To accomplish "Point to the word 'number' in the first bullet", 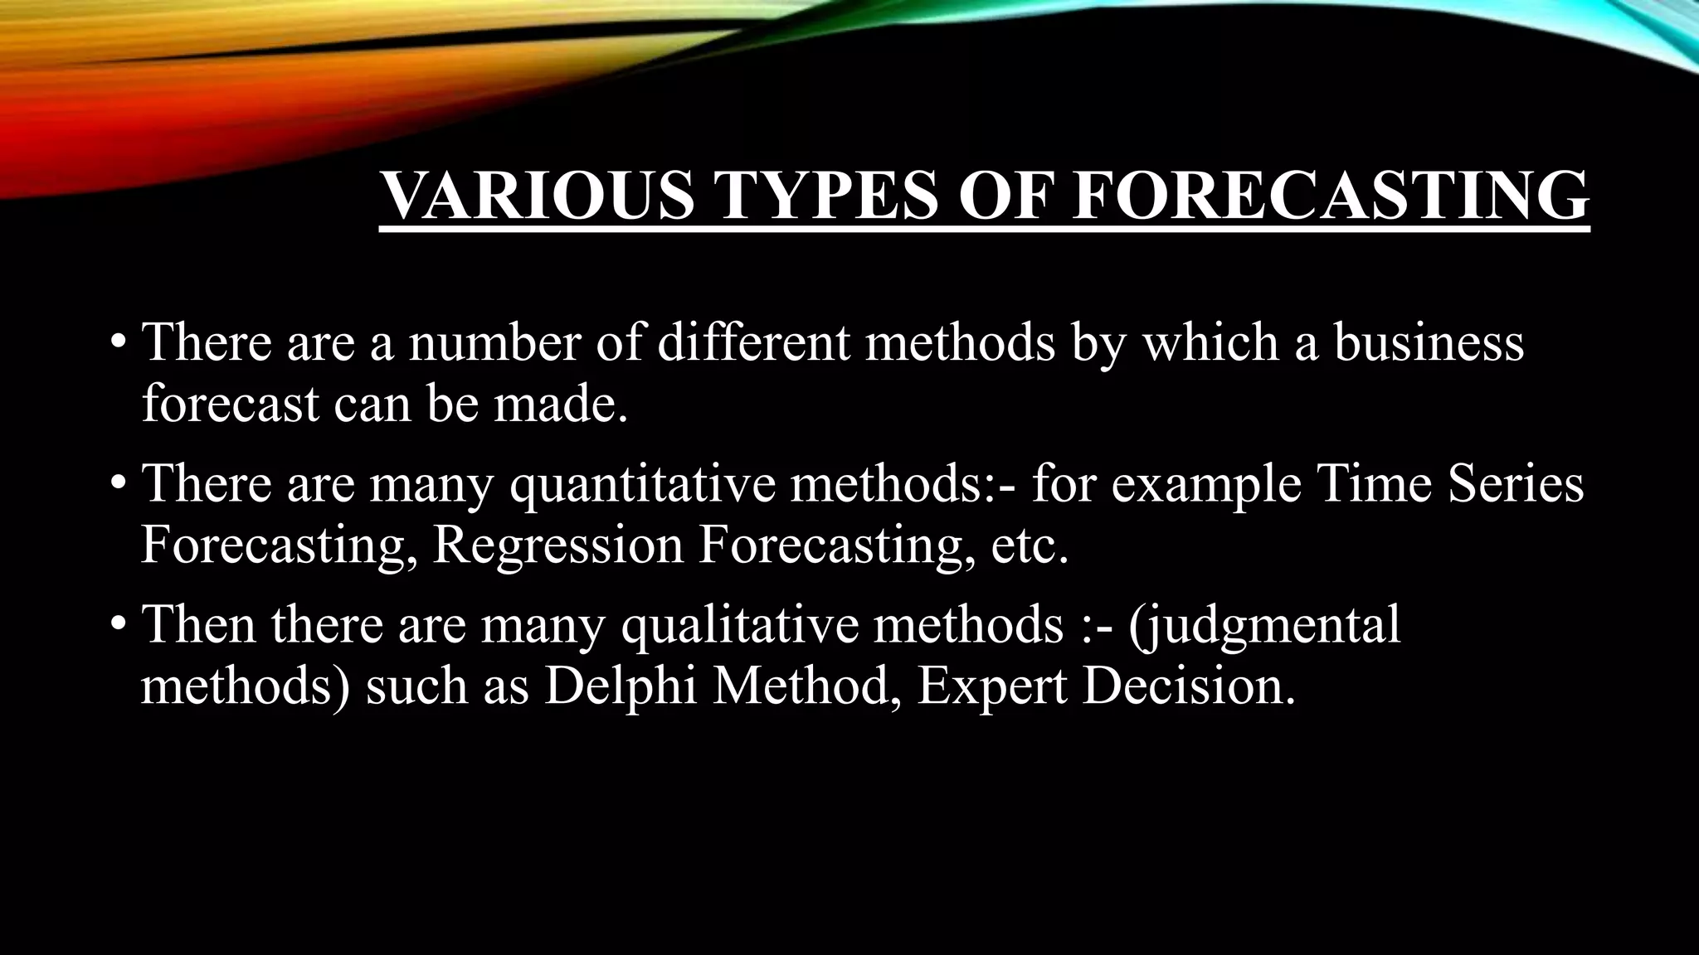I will pyautogui.click(x=494, y=342).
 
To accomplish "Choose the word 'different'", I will pyautogui.click(x=754, y=342).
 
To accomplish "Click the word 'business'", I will pyautogui.click(x=1429, y=342).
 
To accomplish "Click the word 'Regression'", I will pyautogui.click(x=557, y=546).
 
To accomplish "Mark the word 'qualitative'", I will pyautogui.click(x=740, y=626).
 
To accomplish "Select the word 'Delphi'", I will pyautogui.click(x=621, y=687).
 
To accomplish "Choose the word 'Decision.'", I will pyautogui.click(x=1188, y=687).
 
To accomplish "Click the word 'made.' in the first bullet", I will pyautogui.click(x=561, y=404).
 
